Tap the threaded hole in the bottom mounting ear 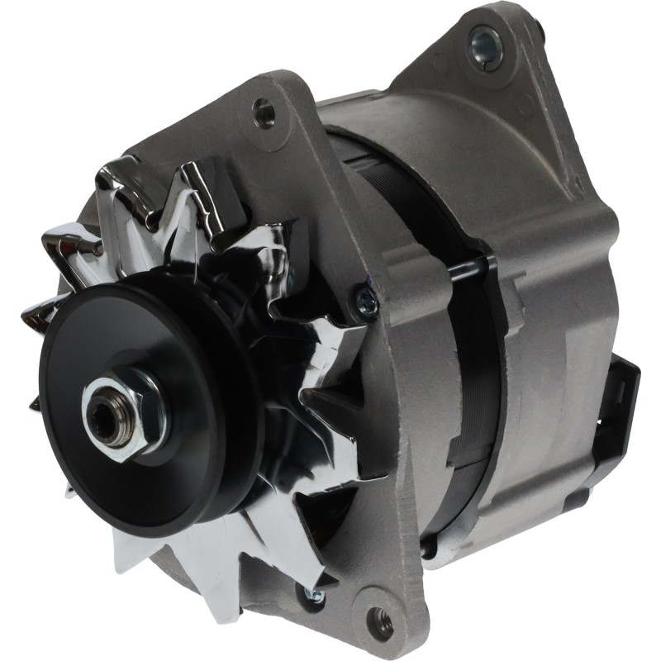[x=378, y=616]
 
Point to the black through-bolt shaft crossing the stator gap [x=471, y=265]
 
